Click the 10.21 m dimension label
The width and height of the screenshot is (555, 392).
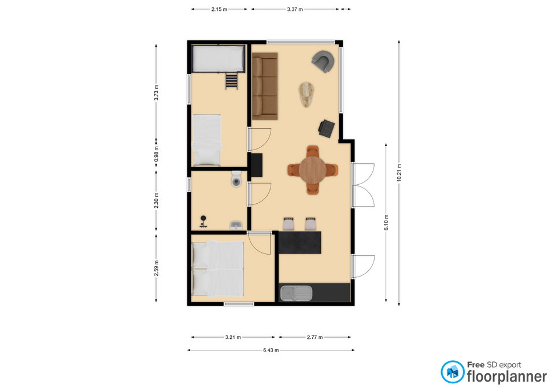click(x=399, y=173)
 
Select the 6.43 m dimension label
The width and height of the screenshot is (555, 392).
click(x=271, y=350)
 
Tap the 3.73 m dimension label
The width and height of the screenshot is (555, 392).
click(x=156, y=92)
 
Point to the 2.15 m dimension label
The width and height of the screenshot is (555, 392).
click(x=219, y=9)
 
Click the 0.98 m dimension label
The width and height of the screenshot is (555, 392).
click(x=156, y=154)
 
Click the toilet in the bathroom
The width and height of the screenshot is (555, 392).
click(x=236, y=179)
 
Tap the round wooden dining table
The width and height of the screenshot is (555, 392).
click(x=313, y=170)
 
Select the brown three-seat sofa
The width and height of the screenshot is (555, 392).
click(x=265, y=86)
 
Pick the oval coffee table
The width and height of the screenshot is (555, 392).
click(x=306, y=94)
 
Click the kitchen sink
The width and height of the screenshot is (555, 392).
click(x=296, y=294)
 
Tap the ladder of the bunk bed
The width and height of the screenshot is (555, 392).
click(x=231, y=81)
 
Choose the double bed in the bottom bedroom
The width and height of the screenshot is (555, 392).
click(x=217, y=269)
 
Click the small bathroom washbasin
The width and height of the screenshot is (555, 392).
click(x=236, y=225)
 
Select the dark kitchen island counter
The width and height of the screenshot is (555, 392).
click(x=300, y=242)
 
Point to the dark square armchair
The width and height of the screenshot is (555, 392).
click(x=326, y=128)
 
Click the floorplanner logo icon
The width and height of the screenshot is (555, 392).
click(x=452, y=372)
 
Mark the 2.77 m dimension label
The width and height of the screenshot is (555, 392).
click(x=314, y=337)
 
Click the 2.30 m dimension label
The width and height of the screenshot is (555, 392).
click(x=156, y=200)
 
